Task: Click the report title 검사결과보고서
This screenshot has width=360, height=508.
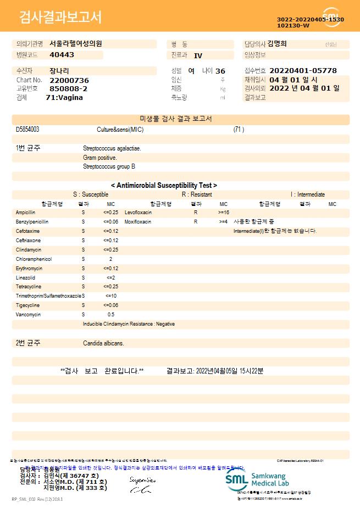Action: click(60, 18)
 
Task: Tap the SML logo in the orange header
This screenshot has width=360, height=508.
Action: click(331, 17)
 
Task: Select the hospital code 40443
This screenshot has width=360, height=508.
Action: click(62, 55)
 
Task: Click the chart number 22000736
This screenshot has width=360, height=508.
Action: click(69, 80)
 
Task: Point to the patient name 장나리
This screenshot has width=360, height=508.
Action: click(59, 71)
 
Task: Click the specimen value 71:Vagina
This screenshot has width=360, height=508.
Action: click(64, 97)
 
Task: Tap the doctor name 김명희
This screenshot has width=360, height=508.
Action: click(277, 44)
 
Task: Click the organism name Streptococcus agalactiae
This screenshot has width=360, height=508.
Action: click(112, 148)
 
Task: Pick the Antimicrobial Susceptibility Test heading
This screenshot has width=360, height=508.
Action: click(164, 186)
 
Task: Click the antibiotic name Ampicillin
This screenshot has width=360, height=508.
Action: click(26, 212)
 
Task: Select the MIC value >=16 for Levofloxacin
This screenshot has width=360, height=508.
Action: click(223, 212)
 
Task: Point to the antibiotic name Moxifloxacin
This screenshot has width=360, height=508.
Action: click(138, 221)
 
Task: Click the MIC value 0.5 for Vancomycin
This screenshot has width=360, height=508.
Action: click(110, 315)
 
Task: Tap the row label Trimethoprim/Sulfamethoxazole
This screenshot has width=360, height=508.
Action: click(48, 296)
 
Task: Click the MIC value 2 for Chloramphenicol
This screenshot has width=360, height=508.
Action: click(110, 259)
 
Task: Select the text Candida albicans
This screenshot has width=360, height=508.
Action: click(103, 343)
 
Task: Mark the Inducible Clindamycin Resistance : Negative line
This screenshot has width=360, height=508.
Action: click(129, 324)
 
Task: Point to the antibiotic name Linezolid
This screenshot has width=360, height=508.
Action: click(25, 277)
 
